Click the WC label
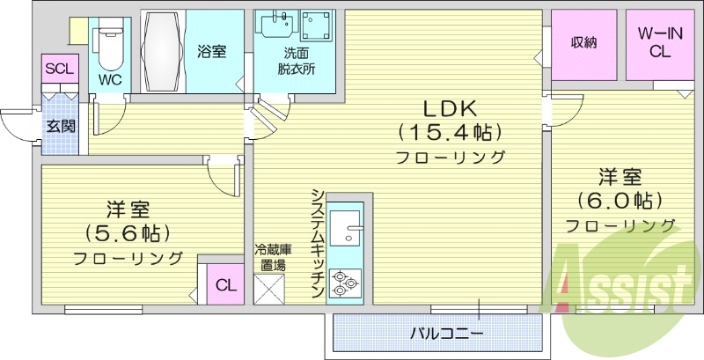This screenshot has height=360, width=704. (x=110, y=79)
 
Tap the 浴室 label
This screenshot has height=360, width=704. (x=212, y=51)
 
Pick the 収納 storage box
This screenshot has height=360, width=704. (x=584, y=42)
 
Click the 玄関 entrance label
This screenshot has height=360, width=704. (x=61, y=126)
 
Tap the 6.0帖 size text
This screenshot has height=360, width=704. (x=621, y=199)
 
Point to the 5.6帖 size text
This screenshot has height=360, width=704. (x=128, y=233)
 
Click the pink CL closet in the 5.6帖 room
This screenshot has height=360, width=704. (x=225, y=285)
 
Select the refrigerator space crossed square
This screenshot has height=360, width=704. (x=268, y=289)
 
